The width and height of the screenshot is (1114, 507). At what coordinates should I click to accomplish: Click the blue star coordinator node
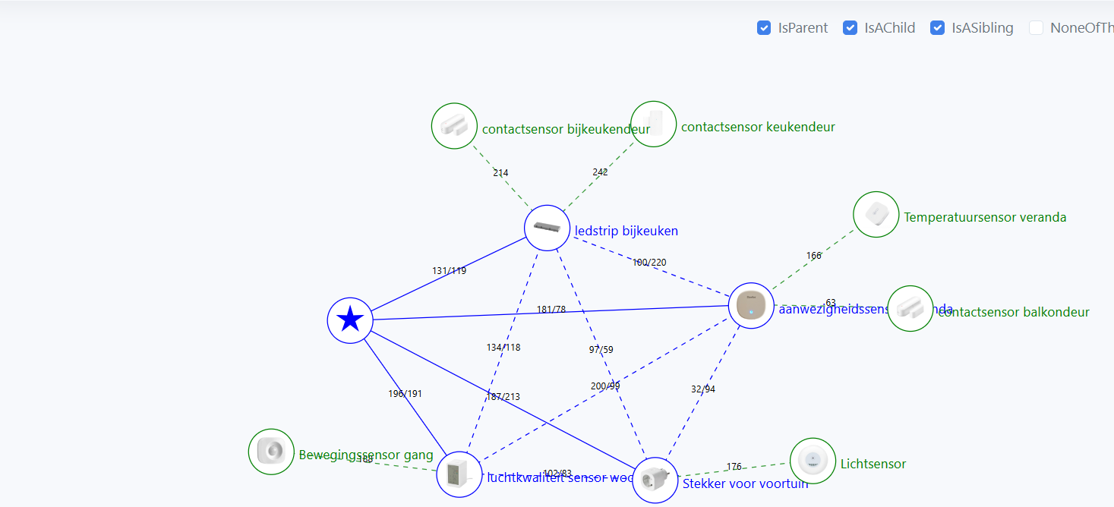(x=350, y=320)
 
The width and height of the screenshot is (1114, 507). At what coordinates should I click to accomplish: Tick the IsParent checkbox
(x=764, y=28)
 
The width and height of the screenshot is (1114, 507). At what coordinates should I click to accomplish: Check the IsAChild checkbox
(x=850, y=28)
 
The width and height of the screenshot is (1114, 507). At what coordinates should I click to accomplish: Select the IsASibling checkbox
(x=938, y=28)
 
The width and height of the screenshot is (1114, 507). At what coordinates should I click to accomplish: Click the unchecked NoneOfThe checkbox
(x=1036, y=28)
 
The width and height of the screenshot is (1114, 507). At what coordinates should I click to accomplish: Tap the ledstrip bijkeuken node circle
(x=547, y=228)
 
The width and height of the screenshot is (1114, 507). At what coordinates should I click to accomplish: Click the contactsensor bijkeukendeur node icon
(x=454, y=126)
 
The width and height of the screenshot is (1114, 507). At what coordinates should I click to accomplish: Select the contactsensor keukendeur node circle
(x=654, y=124)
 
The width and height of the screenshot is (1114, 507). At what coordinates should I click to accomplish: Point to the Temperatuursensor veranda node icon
(x=876, y=214)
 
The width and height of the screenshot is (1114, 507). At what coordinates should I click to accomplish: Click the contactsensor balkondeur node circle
(x=910, y=308)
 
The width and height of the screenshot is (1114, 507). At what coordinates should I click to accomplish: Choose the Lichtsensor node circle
(x=813, y=461)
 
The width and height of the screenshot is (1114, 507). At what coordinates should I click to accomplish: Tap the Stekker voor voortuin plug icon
(x=655, y=480)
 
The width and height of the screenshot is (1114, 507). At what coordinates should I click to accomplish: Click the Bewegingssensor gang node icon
(x=271, y=452)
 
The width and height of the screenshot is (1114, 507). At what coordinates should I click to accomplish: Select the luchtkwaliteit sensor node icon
(x=459, y=474)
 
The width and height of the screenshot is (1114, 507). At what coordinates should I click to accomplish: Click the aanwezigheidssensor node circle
(x=751, y=305)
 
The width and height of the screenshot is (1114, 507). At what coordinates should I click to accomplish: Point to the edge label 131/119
(x=449, y=271)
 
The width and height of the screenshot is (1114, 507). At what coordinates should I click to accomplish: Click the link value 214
(x=500, y=173)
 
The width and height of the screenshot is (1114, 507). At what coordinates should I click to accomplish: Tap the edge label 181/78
(x=551, y=310)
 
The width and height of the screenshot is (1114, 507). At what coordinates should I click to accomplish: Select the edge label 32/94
(x=702, y=389)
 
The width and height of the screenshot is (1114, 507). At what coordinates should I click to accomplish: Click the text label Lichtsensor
(x=873, y=464)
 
